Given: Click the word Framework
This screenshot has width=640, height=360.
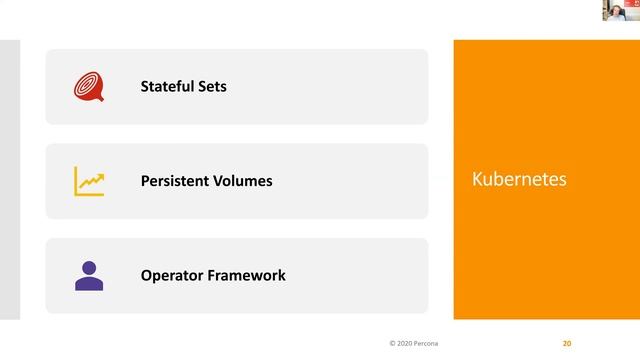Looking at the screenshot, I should tap(247, 275).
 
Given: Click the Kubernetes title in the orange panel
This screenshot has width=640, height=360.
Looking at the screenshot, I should tap(518, 180).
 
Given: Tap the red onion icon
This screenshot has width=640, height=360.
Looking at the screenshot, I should tap(88, 87).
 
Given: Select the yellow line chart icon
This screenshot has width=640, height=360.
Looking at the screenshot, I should tap(89, 181).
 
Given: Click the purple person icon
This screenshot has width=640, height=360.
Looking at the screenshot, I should tap(89, 275).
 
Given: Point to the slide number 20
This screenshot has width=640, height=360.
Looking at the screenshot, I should tap(567, 343).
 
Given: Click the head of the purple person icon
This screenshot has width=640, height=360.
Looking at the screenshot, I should tap(89, 267).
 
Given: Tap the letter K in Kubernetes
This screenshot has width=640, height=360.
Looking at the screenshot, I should tap(476, 180).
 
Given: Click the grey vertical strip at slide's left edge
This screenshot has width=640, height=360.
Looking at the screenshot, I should tap(10, 180).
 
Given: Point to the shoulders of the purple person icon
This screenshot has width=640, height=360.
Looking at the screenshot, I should tap(89, 284).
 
